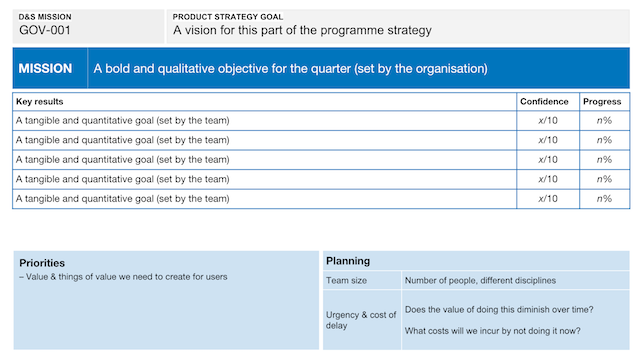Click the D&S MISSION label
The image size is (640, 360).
coord(45,17)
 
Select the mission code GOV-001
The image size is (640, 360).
coord(45,30)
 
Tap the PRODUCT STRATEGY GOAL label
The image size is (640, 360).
coord(228,17)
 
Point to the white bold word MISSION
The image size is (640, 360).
coord(45,69)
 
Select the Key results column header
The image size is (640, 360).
coord(40,101)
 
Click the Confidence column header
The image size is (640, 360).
coord(544,101)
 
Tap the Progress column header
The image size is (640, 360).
coord(602,101)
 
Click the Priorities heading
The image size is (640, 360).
coord(43,263)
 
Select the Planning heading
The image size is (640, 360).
coord(348,261)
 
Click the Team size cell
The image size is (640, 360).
coord(346,281)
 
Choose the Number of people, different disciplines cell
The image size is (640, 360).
coord(480,281)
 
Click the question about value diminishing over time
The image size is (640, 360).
coord(499,309)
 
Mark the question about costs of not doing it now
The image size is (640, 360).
coord(493,331)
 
